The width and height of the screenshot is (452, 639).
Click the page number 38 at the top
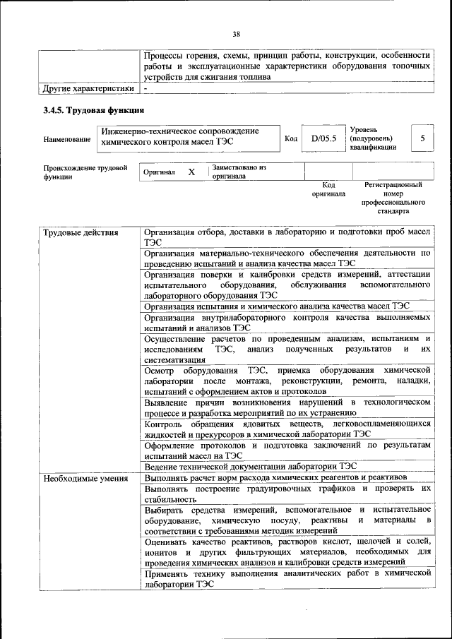click(236, 32)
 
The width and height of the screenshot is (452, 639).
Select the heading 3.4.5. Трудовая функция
click(93, 110)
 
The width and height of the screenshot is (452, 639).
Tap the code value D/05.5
click(323, 139)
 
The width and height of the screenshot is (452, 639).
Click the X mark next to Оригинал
click(191, 172)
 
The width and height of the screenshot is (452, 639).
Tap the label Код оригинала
click(328, 189)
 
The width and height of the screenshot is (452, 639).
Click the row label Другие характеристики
click(88, 89)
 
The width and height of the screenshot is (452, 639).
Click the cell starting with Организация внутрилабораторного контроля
click(287, 323)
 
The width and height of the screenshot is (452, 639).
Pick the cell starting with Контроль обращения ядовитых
click(287, 429)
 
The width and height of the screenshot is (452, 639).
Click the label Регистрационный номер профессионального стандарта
click(393, 198)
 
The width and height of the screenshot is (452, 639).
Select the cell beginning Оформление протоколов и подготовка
click(287, 450)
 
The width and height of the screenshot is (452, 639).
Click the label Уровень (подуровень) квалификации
click(373, 138)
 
